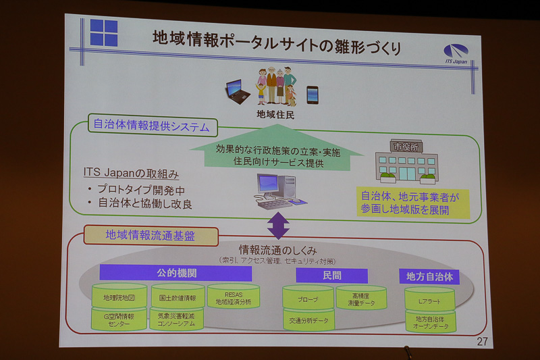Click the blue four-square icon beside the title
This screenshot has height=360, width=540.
(104, 32)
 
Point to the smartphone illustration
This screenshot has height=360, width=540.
(313, 95)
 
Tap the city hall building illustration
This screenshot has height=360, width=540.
(406, 163)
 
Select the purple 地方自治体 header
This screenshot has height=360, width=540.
(429, 276)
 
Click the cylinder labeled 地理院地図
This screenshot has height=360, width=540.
(119, 297)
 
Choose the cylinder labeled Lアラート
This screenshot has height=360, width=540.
(429, 299)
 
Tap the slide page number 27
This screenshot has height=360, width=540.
(482, 341)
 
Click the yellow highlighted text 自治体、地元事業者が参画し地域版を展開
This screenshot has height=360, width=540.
(413, 203)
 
